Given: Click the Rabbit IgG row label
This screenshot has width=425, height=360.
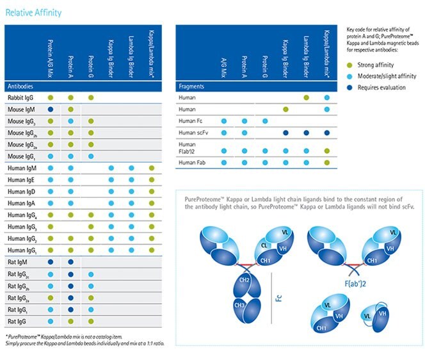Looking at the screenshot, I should [x=20, y=97].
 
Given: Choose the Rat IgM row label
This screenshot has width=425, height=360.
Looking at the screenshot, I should [x=19, y=262].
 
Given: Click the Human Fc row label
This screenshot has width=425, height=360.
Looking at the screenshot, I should [x=191, y=121].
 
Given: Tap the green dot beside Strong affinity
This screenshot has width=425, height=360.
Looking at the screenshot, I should [x=348, y=65].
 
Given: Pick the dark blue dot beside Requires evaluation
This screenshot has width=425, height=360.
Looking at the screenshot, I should [x=348, y=88].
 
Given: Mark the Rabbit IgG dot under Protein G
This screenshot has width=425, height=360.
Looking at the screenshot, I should [x=91, y=97].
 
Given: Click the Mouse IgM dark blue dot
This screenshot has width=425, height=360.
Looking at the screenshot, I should [x=50, y=110].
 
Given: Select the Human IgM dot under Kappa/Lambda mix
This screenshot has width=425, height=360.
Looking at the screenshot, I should [x=151, y=168].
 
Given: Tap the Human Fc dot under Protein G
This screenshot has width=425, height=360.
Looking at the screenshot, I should [x=264, y=121].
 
